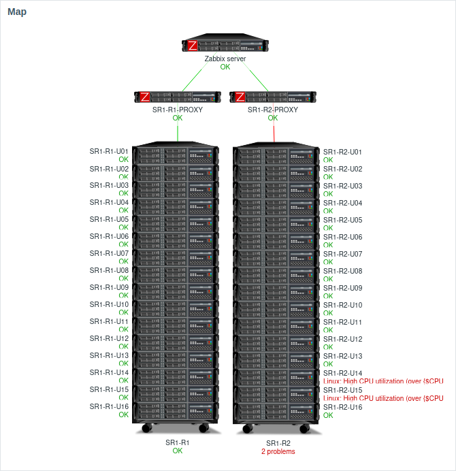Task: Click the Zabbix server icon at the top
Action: click(225, 46)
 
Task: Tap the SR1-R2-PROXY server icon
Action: click(272, 97)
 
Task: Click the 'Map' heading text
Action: click(17, 12)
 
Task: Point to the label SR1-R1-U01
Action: click(109, 151)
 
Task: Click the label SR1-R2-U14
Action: click(342, 373)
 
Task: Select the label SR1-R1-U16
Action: click(109, 406)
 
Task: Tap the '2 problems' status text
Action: click(278, 451)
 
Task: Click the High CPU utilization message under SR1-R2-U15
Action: click(383, 398)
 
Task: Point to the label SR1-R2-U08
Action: click(342, 271)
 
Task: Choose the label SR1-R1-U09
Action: click(109, 287)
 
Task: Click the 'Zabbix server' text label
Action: click(225, 59)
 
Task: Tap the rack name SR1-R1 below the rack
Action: click(177, 442)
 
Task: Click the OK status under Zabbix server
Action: click(225, 67)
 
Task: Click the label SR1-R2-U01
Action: click(342, 152)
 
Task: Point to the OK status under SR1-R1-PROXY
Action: click(178, 118)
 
